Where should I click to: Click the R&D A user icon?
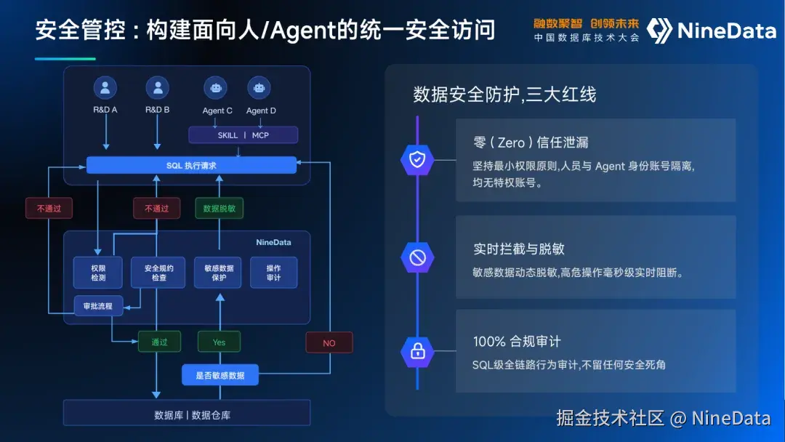(105, 88)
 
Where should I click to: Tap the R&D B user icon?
(158, 88)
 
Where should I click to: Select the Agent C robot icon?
(216, 88)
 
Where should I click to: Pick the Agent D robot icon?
(259, 88)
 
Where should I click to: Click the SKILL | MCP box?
(243, 135)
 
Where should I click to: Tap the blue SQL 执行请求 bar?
(191, 165)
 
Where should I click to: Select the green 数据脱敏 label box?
(220, 208)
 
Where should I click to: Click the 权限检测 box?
(98, 273)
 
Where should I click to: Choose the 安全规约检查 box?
(158, 273)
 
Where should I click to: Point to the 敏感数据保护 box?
(218, 273)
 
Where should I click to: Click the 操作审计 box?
(274, 273)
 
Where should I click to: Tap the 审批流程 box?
(98, 306)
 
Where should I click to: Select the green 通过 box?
(159, 342)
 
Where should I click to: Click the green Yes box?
(220, 342)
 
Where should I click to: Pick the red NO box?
(329, 343)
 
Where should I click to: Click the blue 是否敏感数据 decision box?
(220, 375)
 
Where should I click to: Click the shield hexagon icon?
(417, 160)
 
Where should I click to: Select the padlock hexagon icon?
(417, 351)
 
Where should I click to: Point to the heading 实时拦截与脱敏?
(519, 249)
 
